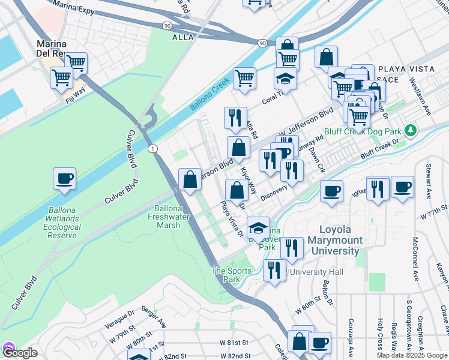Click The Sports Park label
tap(231, 275)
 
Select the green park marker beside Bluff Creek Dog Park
tap(411, 130)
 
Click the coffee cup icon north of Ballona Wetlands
tap(64, 179)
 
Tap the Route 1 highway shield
tap(154, 148)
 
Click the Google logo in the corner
tap(19, 352)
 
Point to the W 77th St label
tap(435, 214)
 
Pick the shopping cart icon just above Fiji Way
tap(62, 77)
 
